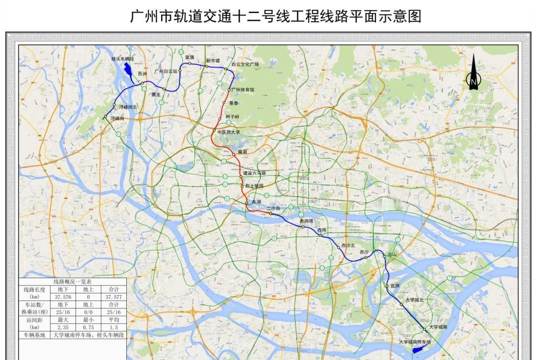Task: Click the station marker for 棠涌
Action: [189, 63]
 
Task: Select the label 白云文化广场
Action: [245, 64]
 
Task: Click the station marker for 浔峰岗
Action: [105, 117]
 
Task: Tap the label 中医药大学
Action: [229, 132]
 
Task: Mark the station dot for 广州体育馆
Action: [229, 90]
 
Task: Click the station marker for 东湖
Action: [246, 203]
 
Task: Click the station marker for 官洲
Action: [386, 286]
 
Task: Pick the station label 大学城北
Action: [414, 300]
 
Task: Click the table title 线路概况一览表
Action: [73, 281]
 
